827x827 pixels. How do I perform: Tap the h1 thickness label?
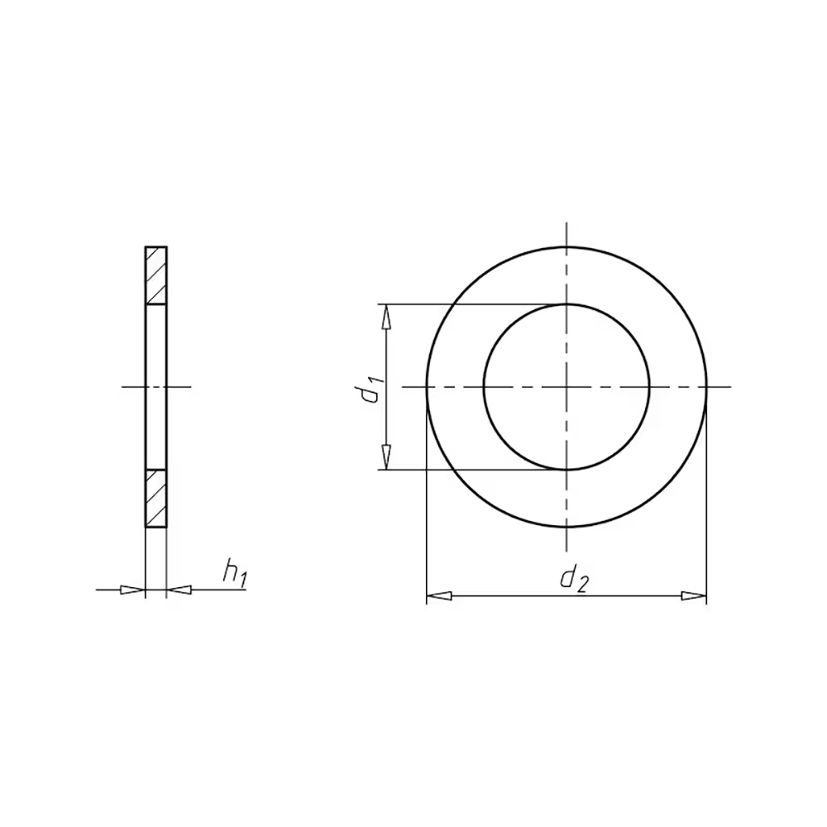pyautogui.click(x=235, y=574)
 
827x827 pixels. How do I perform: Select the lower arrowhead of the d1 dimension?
pyautogui.click(x=386, y=457)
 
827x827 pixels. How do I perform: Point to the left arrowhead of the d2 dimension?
pyautogui.click(x=439, y=596)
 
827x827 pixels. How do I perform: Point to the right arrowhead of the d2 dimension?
pyautogui.click(x=694, y=596)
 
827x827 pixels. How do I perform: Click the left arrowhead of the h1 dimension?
pyautogui.click(x=132, y=590)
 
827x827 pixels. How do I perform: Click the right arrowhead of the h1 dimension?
pyautogui.click(x=179, y=590)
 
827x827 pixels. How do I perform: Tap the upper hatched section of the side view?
pyautogui.click(x=156, y=275)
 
